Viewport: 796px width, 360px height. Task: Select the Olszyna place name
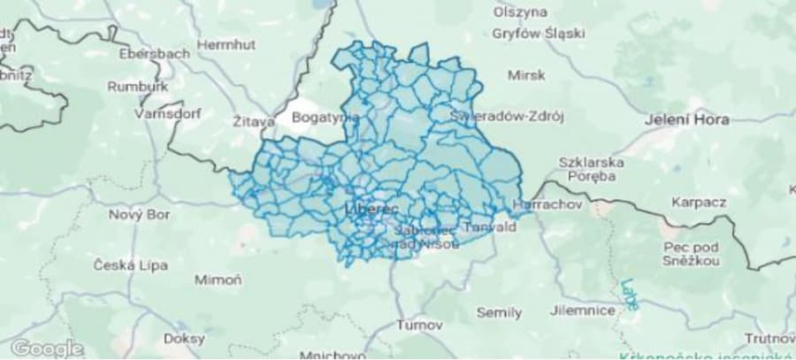coord(521,12)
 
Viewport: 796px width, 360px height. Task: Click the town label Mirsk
coord(528,75)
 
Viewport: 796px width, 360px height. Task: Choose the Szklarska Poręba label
coord(592,169)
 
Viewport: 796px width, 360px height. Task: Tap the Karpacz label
coord(699,202)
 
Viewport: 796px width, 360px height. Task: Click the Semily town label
coord(499,312)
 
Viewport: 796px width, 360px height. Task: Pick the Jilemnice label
coord(582,310)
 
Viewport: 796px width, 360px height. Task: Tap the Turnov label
coord(419,325)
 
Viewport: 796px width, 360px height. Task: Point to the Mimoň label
coord(217,280)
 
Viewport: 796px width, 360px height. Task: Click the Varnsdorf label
coord(167,114)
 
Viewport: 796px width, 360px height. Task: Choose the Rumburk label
coord(137,87)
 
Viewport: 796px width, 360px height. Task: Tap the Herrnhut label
coord(225,43)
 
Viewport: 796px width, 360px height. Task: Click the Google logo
coord(47,348)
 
